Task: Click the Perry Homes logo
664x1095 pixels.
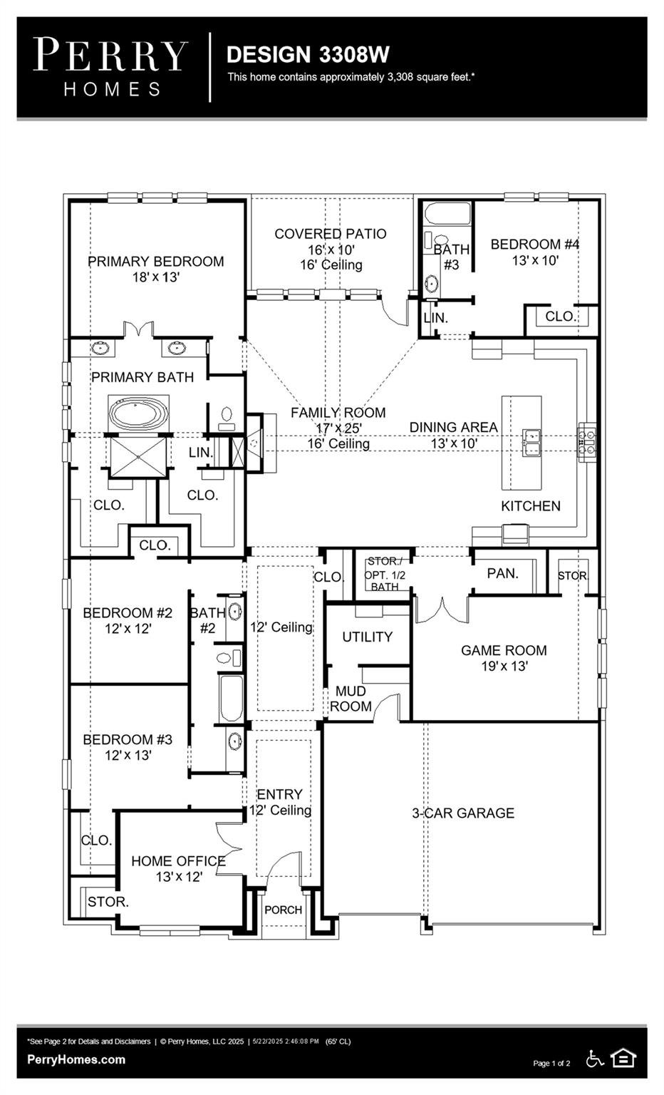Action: [111, 68]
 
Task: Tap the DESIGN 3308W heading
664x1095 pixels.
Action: [308, 54]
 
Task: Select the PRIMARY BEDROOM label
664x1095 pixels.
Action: [156, 262]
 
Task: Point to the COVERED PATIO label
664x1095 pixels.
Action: [331, 234]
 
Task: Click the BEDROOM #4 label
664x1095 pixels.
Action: [535, 244]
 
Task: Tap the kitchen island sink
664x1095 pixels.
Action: [531, 443]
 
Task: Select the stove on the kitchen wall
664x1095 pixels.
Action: [587, 442]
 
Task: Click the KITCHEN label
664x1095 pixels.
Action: [531, 506]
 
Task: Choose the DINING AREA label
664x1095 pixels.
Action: [453, 427]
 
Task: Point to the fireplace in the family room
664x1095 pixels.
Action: [254, 443]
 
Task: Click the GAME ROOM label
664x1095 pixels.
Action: [504, 651]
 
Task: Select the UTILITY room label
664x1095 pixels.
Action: [367, 637]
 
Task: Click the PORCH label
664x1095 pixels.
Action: [284, 910]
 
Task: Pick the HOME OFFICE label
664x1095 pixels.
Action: [178, 861]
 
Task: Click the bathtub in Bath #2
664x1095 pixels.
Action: [231, 699]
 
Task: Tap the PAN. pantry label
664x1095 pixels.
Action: [503, 573]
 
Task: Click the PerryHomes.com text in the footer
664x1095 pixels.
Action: [76, 1060]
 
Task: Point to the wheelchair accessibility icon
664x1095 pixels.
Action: [595, 1059]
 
